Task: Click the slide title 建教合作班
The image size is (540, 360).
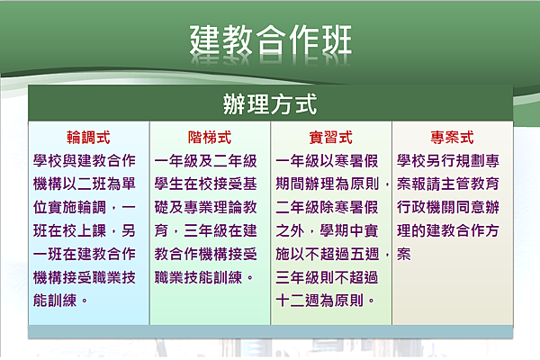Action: point(271,40)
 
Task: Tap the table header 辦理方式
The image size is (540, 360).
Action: point(270,103)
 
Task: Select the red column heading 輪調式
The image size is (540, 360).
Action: point(88,138)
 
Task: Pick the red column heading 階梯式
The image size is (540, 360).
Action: point(210,138)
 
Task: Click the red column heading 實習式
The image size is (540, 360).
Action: point(330,138)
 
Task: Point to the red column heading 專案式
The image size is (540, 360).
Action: point(452,138)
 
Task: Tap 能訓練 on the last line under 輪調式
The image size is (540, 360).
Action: point(55,301)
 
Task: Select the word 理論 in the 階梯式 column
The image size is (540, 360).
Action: point(228,207)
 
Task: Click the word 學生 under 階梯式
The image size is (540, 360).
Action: point(169,184)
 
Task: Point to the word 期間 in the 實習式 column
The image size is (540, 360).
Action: point(290,184)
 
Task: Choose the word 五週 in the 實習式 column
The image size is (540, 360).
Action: point(364,254)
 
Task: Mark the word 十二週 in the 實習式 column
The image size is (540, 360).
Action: point(298,301)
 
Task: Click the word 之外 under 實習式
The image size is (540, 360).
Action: point(290,230)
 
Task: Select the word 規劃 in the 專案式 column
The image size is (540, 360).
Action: point(470,160)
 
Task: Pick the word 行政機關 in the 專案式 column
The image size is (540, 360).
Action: point(426,207)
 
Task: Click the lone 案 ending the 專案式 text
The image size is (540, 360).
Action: point(403,254)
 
